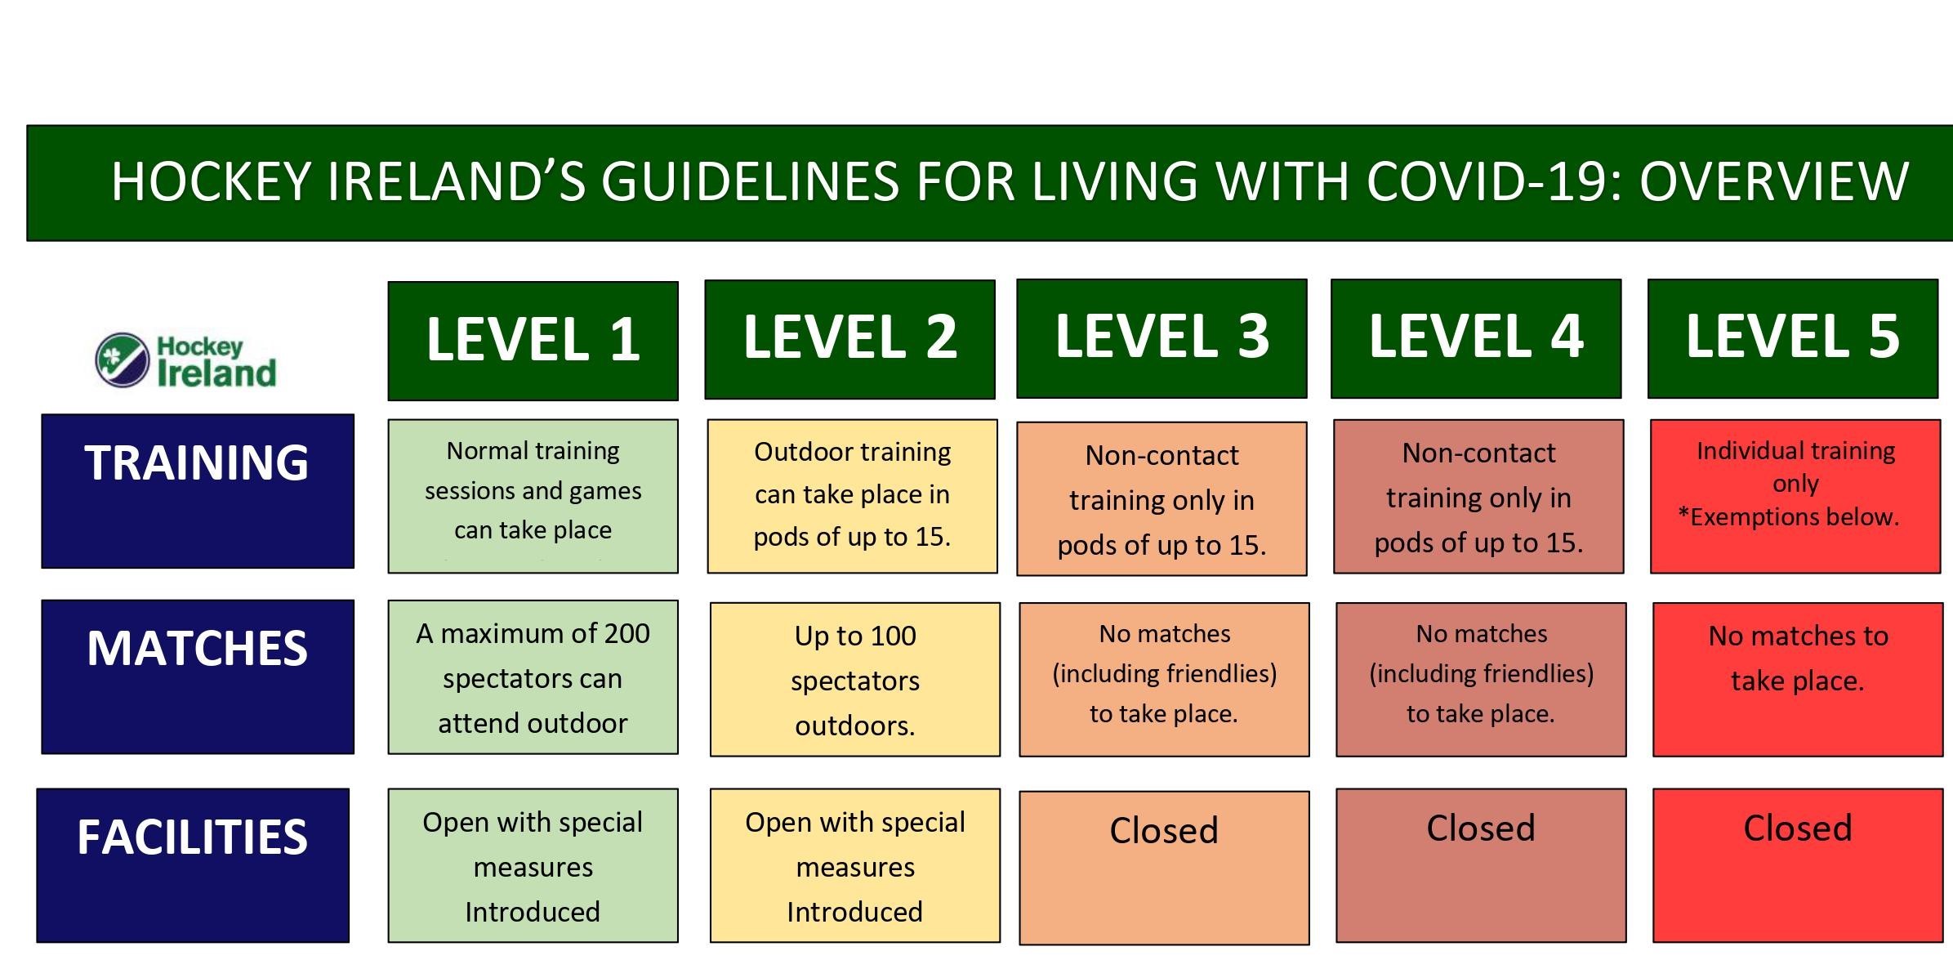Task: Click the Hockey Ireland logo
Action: coord(186,359)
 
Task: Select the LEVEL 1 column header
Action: coord(533,341)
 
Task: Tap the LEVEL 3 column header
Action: coord(1162,338)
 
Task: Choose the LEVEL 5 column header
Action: coord(1793,338)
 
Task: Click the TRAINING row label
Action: coord(198,490)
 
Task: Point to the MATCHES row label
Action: coord(198,677)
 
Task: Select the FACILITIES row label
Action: coord(193,865)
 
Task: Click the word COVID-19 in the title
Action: coord(1485,181)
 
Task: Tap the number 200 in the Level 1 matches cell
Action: coord(626,633)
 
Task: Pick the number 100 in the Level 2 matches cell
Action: coord(892,636)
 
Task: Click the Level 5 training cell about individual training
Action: coord(1795,496)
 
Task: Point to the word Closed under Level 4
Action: coord(1481,828)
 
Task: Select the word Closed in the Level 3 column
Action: coord(1164,831)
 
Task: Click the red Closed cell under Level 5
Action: coord(1798,865)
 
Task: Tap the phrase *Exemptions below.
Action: coord(1789,517)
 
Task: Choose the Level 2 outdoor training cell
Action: coord(852,496)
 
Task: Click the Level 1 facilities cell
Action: coord(533,865)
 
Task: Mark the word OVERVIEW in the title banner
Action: coord(1774,181)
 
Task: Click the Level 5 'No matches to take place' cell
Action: coord(1798,680)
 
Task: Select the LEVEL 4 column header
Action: coord(1476,338)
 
